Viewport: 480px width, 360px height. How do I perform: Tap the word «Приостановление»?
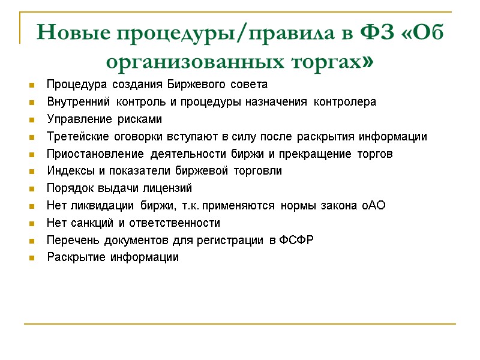coord(87,154)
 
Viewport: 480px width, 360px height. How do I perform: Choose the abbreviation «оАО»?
coord(373,206)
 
